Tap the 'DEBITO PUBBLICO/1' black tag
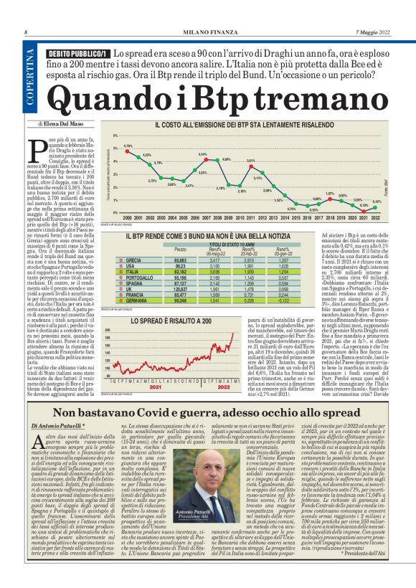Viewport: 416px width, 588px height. coord(78,54)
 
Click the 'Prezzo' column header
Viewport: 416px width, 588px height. coord(181,249)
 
